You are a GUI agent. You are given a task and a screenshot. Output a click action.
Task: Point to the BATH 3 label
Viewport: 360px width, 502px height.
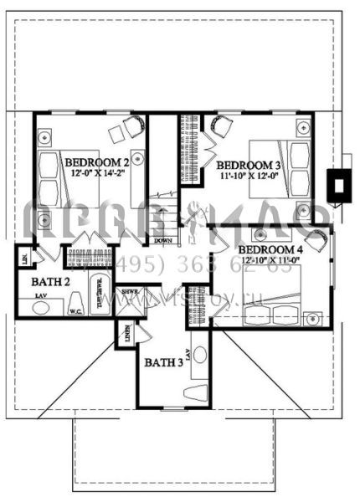(x=164, y=362)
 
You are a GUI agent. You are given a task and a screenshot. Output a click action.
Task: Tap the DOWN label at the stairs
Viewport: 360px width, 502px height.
(x=164, y=241)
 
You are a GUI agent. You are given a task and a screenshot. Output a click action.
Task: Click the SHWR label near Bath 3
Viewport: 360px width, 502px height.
(x=130, y=292)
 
